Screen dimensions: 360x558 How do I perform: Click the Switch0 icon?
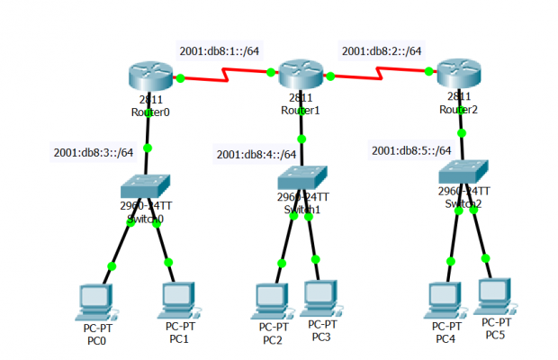(x=146, y=185)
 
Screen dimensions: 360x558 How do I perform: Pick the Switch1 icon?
(x=301, y=176)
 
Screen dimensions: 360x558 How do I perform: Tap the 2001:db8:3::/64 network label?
(x=94, y=152)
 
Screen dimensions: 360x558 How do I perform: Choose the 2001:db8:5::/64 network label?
(x=411, y=150)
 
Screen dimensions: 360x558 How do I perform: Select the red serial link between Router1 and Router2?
(x=382, y=77)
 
